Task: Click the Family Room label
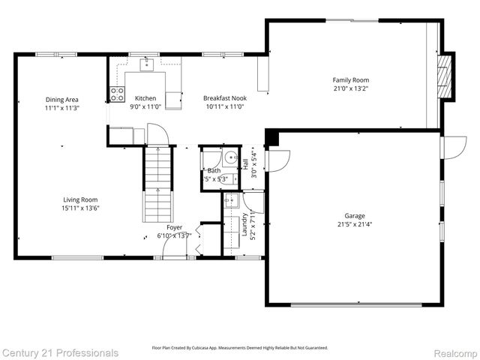[x=351, y=80]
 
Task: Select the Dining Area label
[x=62, y=100]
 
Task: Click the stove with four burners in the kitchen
[x=118, y=94]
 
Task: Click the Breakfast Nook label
[x=225, y=98]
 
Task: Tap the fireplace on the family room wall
[x=445, y=78]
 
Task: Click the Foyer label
[x=174, y=227]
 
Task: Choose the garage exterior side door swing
[x=453, y=147]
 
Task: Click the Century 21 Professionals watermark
[x=60, y=352]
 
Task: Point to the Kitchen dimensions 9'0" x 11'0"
[x=145, y=107]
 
